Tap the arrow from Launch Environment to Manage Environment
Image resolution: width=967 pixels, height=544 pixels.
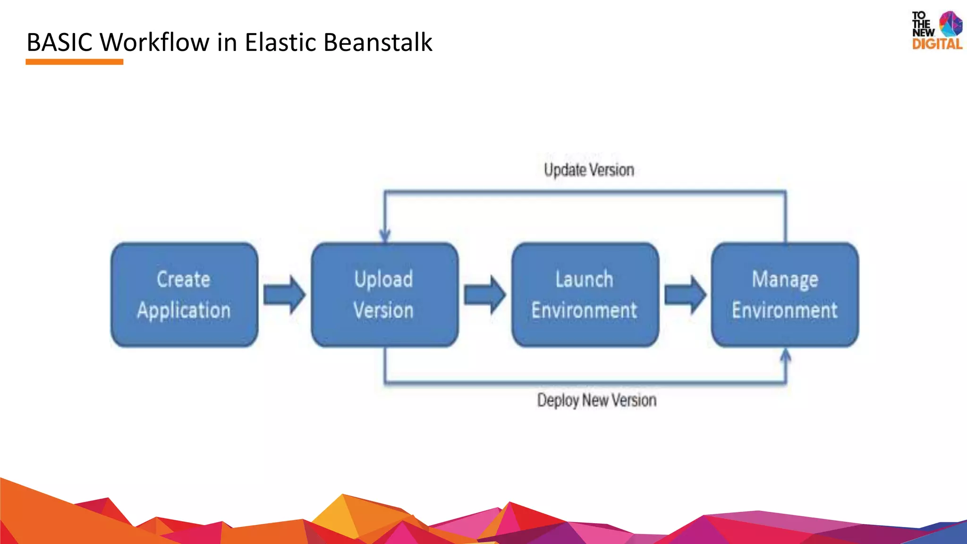coord(685,295)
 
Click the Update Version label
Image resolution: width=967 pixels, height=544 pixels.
coord(589,170)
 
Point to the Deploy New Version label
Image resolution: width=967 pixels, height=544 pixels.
coord(596,400)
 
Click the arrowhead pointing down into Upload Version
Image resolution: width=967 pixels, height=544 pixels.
coord(385,235)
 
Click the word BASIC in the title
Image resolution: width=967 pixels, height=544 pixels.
coord(59,42)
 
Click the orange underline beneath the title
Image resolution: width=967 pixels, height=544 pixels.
coord(74,62)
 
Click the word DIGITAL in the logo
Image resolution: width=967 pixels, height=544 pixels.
coord(937,44)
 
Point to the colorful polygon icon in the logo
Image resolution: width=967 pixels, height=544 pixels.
coord(950,24)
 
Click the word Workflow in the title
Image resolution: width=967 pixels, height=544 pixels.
coord(155,42)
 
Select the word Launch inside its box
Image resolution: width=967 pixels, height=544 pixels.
coord(584,280)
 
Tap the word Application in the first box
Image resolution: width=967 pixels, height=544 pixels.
coord(184,311)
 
